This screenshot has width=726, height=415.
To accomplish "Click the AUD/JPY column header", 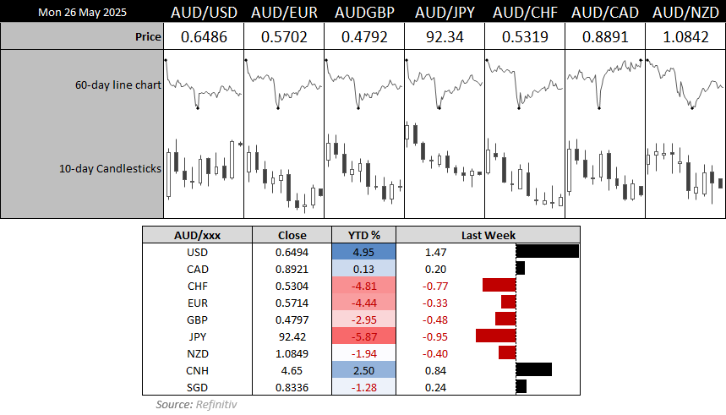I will coord(444,14).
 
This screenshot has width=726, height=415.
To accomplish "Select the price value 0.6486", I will coord(202,37).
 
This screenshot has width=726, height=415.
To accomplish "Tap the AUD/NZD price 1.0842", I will coord(685,37).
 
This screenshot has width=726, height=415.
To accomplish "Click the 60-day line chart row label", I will coord(117,85).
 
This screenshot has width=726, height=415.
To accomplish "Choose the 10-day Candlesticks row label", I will coord(110,168).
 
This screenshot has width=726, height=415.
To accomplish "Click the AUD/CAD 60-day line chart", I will coord(604,85).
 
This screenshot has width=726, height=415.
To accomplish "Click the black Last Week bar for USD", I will coord(547,251).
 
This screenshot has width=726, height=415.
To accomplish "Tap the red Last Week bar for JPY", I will coord(495,336).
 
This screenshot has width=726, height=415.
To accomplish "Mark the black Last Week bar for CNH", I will coord(533,369).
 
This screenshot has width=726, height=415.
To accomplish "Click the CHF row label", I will coord(196,286).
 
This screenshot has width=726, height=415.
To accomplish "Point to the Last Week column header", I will coord(489,235).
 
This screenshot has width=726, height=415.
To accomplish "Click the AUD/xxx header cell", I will coord(196,235).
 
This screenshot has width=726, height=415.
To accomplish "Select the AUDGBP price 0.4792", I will coord(363,37).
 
